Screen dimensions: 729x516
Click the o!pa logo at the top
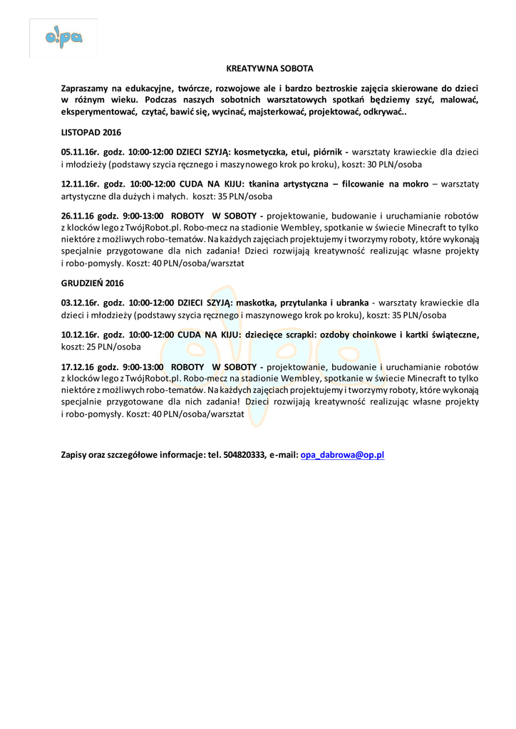click(x=63, y=38)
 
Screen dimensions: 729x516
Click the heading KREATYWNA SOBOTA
click(x=270, y=69)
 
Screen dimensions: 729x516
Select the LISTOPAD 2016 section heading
click(x=91, y=132)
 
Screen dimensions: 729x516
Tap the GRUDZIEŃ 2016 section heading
click(x=92, y=283)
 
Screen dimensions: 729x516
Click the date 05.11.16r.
click(x=80, y=152)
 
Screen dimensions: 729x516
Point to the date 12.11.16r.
click(x=80, y=184)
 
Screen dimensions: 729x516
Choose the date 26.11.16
click(x=78, y=216)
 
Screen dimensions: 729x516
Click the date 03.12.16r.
click(x=80, y=302)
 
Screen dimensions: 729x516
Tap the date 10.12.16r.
click(x=80, y=335)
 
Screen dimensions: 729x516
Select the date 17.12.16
click(x=78, y=367)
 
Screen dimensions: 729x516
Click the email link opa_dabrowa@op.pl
click(x=343, y=454)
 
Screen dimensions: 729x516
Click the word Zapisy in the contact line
click(x=75, y=454)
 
